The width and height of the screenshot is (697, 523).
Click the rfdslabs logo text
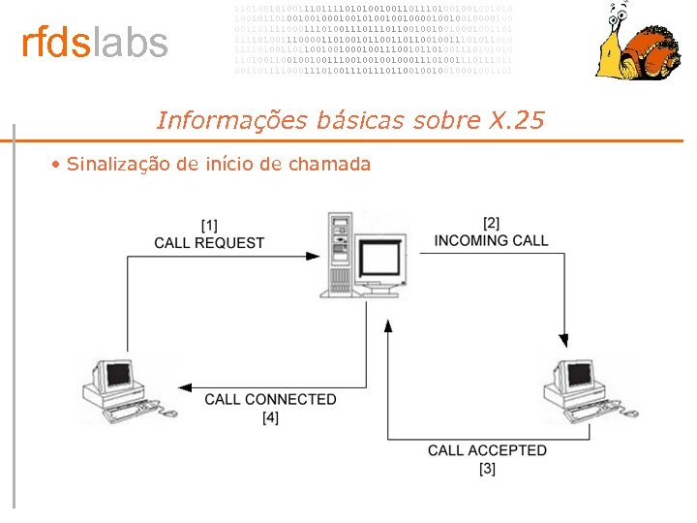tap(95, 44)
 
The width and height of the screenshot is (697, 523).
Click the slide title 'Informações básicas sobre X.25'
tap(350, 120)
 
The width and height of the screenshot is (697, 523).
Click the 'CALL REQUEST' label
tap(209, 242)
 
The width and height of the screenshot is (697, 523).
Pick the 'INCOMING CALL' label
tap(491, 240)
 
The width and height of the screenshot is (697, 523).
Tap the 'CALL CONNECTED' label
tap(270, 399)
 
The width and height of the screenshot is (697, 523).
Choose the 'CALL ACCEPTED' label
tap(487, 450)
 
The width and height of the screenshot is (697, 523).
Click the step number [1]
tap(209, 226)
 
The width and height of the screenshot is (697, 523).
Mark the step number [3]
tap(487, 468)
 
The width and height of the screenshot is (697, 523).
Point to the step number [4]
tap(270, 416)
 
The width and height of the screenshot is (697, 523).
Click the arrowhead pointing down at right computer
tap(563, 340)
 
